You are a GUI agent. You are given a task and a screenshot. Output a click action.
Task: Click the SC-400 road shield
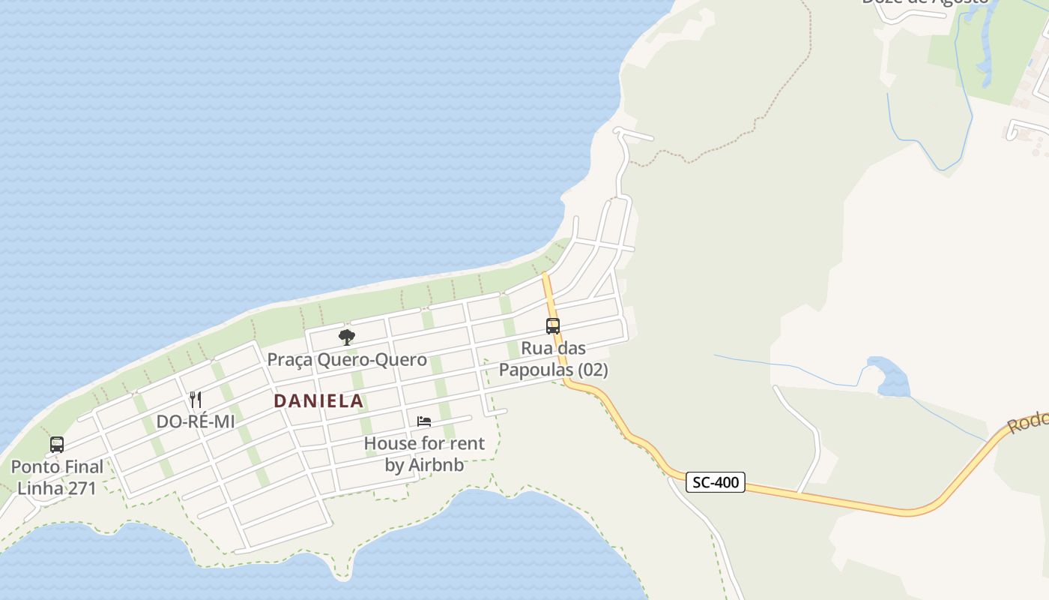(x=716, y=482)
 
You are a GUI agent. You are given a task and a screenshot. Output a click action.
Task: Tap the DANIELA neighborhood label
(x=318, y=401)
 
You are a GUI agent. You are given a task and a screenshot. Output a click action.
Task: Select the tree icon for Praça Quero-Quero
(x=346, y=337)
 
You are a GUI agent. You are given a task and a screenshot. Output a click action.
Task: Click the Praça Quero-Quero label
(x=347, y=359)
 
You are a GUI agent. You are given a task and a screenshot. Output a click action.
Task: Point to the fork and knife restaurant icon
(x=196, y=399)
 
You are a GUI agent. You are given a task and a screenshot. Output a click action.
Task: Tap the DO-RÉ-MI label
(x=196, y=421)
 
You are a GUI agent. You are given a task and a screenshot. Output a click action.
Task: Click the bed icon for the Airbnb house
(x=424, y=421)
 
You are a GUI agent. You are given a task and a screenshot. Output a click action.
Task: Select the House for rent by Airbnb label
(x=424, y=454)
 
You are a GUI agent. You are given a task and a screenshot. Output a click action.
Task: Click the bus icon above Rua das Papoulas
(x=553, y=326)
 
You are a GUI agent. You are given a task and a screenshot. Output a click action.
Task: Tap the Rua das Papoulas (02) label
(x=553, y=359)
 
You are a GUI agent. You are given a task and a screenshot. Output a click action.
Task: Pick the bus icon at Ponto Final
(x=57, y=445)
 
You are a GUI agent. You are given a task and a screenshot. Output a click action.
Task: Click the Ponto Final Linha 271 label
(x=57, y=478)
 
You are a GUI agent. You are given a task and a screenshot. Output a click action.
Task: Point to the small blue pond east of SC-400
(x=888, y=377)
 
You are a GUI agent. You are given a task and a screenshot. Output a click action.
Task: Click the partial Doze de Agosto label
(x=925, y=2)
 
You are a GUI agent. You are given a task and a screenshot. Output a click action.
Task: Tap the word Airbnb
(x=434, y=465)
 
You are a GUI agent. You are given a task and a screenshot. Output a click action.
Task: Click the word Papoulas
(x=535, y=370)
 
